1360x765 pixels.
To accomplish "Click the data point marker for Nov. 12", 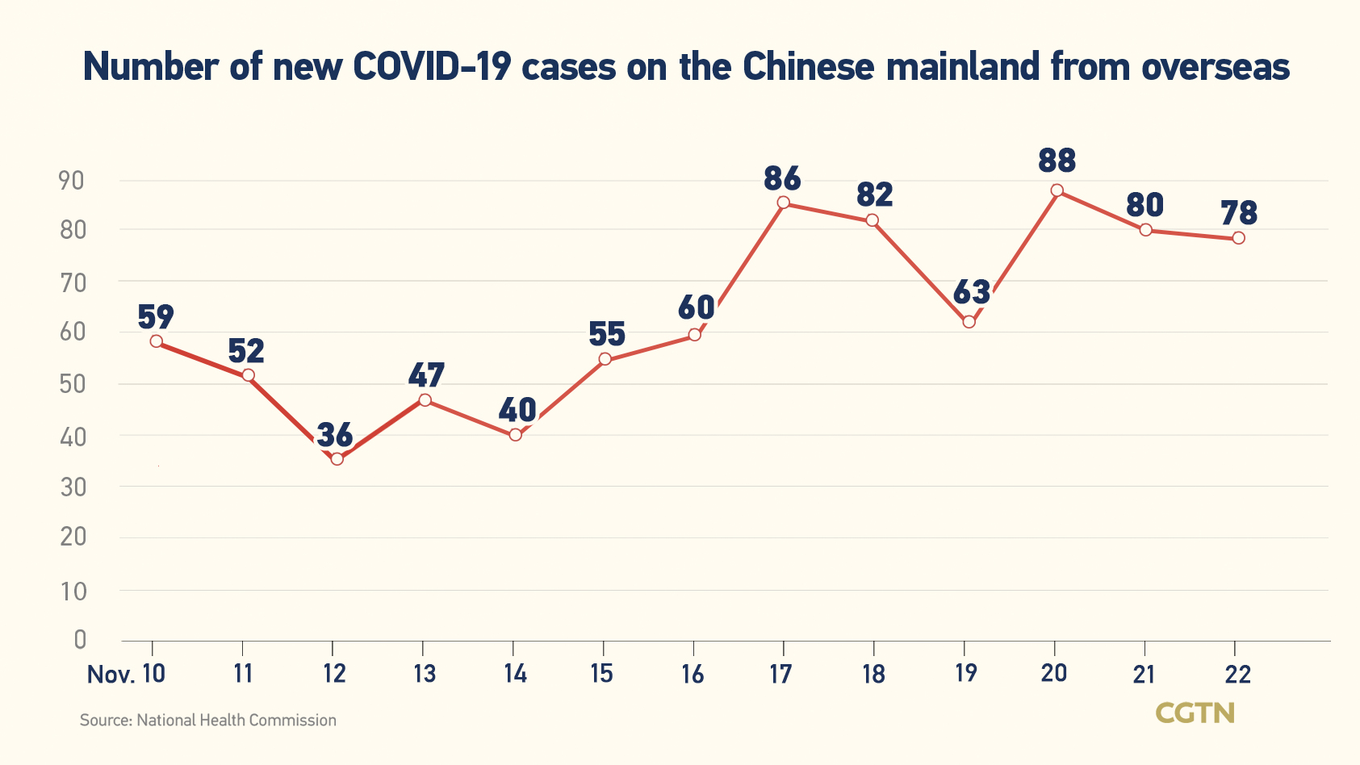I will click(337, 459).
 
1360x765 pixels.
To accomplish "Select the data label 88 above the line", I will click(1057, 161).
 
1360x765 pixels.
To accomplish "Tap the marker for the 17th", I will click(783, 203).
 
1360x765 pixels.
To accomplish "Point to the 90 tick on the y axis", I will click(72, 181).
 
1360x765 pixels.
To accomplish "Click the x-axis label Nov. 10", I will click(126, 674).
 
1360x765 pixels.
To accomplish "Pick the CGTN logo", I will click(1195, 713).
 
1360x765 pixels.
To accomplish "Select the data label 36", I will click(335, 435).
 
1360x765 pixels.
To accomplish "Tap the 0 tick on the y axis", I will click(79, 640).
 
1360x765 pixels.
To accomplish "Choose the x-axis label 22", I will click(1237, 674).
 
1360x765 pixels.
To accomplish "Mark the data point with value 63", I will click(969, 322).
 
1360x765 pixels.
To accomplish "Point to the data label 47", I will click(426, 376).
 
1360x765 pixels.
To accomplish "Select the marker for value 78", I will click(1238, 238).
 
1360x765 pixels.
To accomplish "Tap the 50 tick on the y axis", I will click(72, 384).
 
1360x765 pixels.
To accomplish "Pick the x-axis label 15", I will click(601, 674).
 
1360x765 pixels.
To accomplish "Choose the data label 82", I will click(874, 195).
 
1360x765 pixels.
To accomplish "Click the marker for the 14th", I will click(516, 435).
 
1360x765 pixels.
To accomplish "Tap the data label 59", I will click(156, 317).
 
